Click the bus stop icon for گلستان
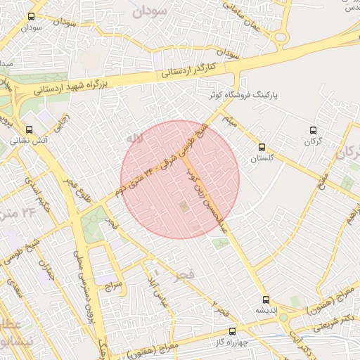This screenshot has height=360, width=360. [x=262, y=147]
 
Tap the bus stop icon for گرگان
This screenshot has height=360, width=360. [x=313, y=130]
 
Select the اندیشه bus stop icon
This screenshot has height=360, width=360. [x=265, y=299]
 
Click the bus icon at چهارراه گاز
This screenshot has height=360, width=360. [x=232, y=329]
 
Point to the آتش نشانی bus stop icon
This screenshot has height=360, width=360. [x=30, y=129]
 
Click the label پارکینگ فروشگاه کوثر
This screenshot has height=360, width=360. [x=246, y=94]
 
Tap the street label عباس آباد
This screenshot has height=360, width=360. [x=157, y=288]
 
